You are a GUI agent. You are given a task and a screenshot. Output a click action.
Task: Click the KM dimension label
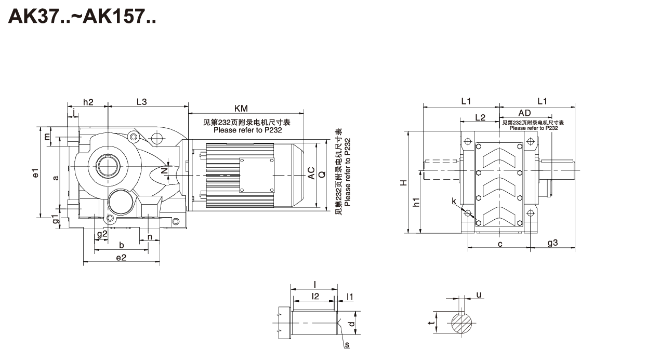pos(241,109)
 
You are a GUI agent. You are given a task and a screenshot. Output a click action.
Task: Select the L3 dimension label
pos(141,102)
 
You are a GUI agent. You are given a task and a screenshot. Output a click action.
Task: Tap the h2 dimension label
pos(88,102)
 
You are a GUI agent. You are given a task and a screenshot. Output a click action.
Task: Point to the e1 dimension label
pos(35,173)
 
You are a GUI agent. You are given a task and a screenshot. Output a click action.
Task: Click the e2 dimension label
pos(121,258)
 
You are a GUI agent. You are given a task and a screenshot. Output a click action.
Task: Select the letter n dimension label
pos(150,237)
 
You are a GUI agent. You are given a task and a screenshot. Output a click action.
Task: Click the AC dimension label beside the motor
pos(311,173)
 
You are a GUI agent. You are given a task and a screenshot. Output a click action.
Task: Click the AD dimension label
pos(524,113)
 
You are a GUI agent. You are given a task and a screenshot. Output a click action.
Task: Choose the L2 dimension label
pos(480,117)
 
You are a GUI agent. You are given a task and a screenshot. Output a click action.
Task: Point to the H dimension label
pos(403,182)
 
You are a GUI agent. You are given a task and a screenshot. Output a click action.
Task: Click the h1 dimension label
pos(416,203)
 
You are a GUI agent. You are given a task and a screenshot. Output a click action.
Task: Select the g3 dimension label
pos(552,243)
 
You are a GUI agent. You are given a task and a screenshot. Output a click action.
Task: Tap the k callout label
pos(454,201)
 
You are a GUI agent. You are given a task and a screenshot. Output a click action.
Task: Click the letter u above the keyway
pos(479,295)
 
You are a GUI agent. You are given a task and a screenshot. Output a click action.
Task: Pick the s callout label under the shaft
pos(347,344)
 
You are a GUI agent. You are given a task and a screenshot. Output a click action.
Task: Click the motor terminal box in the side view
pos(256,175)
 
